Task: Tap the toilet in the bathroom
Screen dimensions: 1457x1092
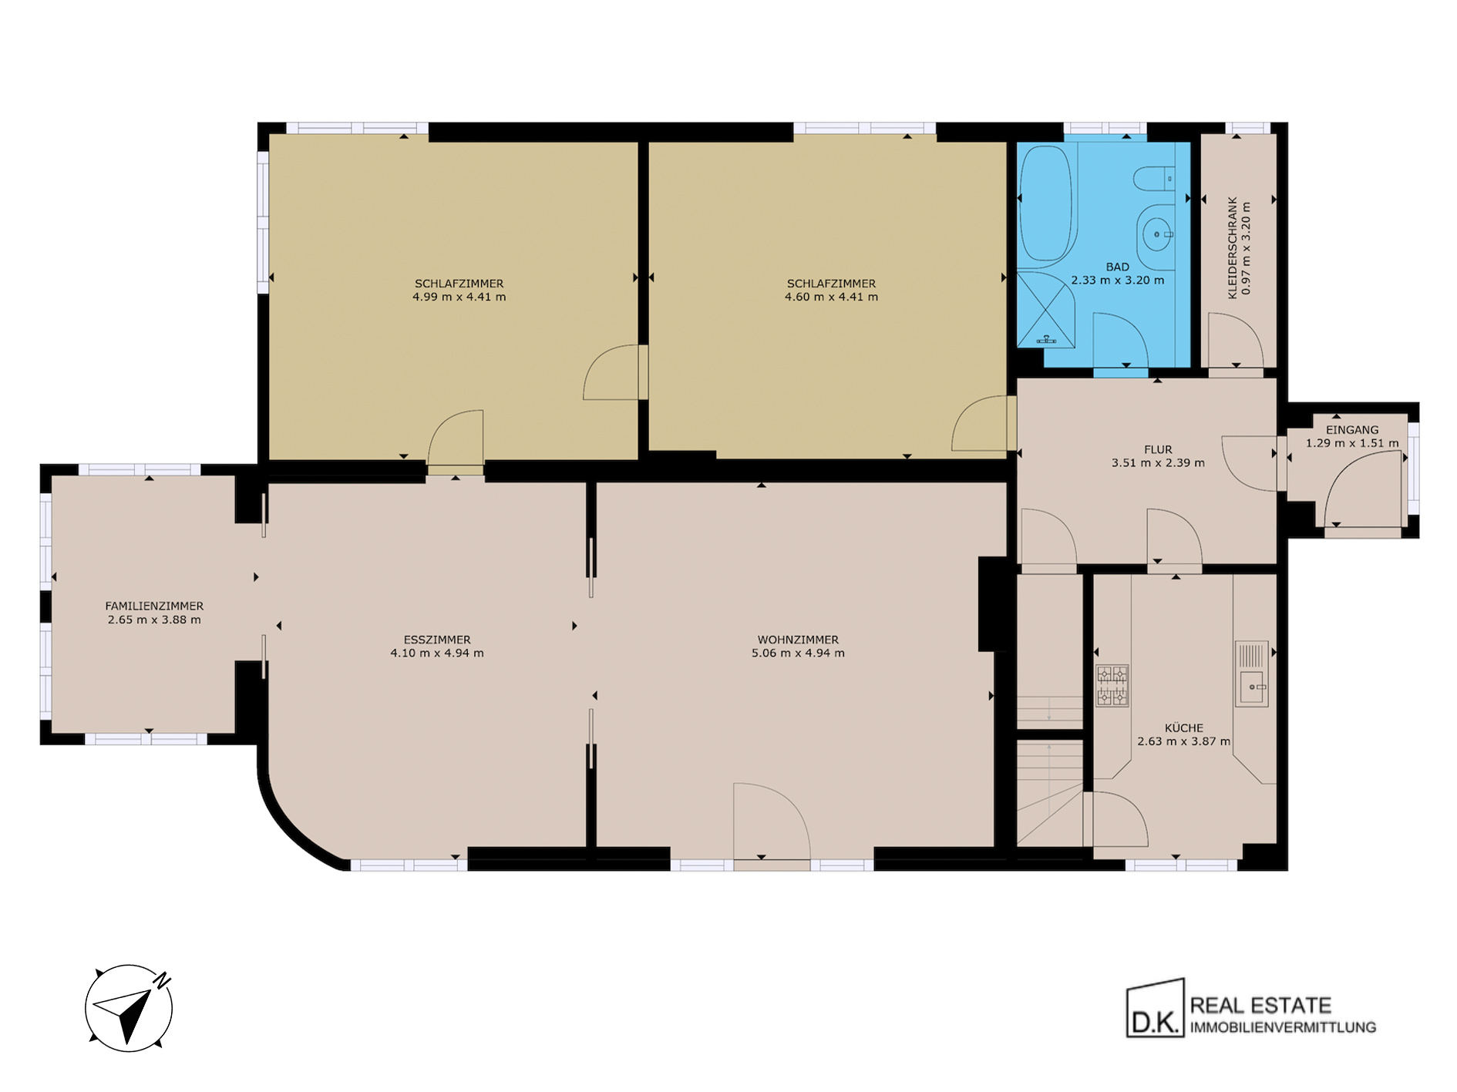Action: click(x=1154, y=179)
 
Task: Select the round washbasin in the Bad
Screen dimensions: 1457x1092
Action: click(x=1156, y=234)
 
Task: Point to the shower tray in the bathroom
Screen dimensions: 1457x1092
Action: click(x=1047, y=309)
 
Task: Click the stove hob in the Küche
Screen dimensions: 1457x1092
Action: click(x=1112, y=686)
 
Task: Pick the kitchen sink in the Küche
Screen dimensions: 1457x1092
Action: click(x=1252, y=674)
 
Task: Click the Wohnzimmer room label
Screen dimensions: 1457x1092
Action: click(x=798, y=640)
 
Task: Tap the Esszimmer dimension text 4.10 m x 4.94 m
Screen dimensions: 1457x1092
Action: click(x=437, y=654)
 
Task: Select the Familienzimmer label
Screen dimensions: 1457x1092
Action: click(x=154, y=606)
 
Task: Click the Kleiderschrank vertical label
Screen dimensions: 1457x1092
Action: click(x=1233, y=247)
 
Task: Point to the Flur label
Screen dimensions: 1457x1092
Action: click(x=1158, y=449)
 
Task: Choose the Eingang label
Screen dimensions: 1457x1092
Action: click(x=1352, y=430)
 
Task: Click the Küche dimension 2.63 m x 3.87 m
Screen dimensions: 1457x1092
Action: click(x=1184, y=741)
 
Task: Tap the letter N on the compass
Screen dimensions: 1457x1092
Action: click(x=163, y=981)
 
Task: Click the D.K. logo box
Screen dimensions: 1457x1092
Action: click(x=1155, y=1008)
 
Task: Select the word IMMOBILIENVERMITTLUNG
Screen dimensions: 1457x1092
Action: click(x=1283, y=1027)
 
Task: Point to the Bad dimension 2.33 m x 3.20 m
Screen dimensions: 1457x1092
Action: click(x=1118, y=281)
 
